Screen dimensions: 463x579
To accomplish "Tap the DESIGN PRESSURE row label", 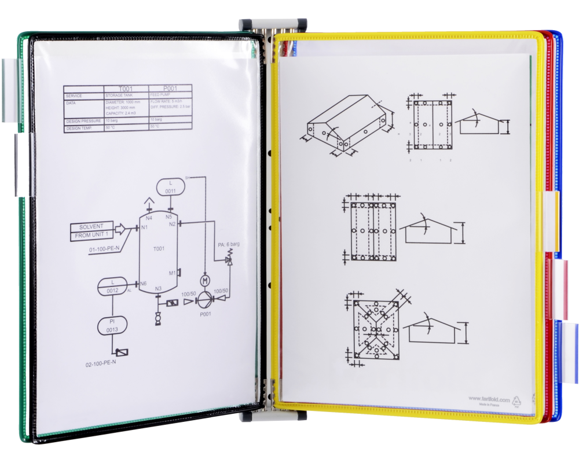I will (83, 121).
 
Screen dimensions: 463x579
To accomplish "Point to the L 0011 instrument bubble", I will (171, 186).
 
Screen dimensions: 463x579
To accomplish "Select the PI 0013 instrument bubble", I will (112, 325).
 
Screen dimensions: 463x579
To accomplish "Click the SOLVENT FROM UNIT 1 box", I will (91, 231).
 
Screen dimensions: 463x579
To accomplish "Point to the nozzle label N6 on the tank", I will (143, 284).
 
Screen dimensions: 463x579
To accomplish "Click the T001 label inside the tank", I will (159, 248).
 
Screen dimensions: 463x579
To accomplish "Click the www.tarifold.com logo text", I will (489, 399).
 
